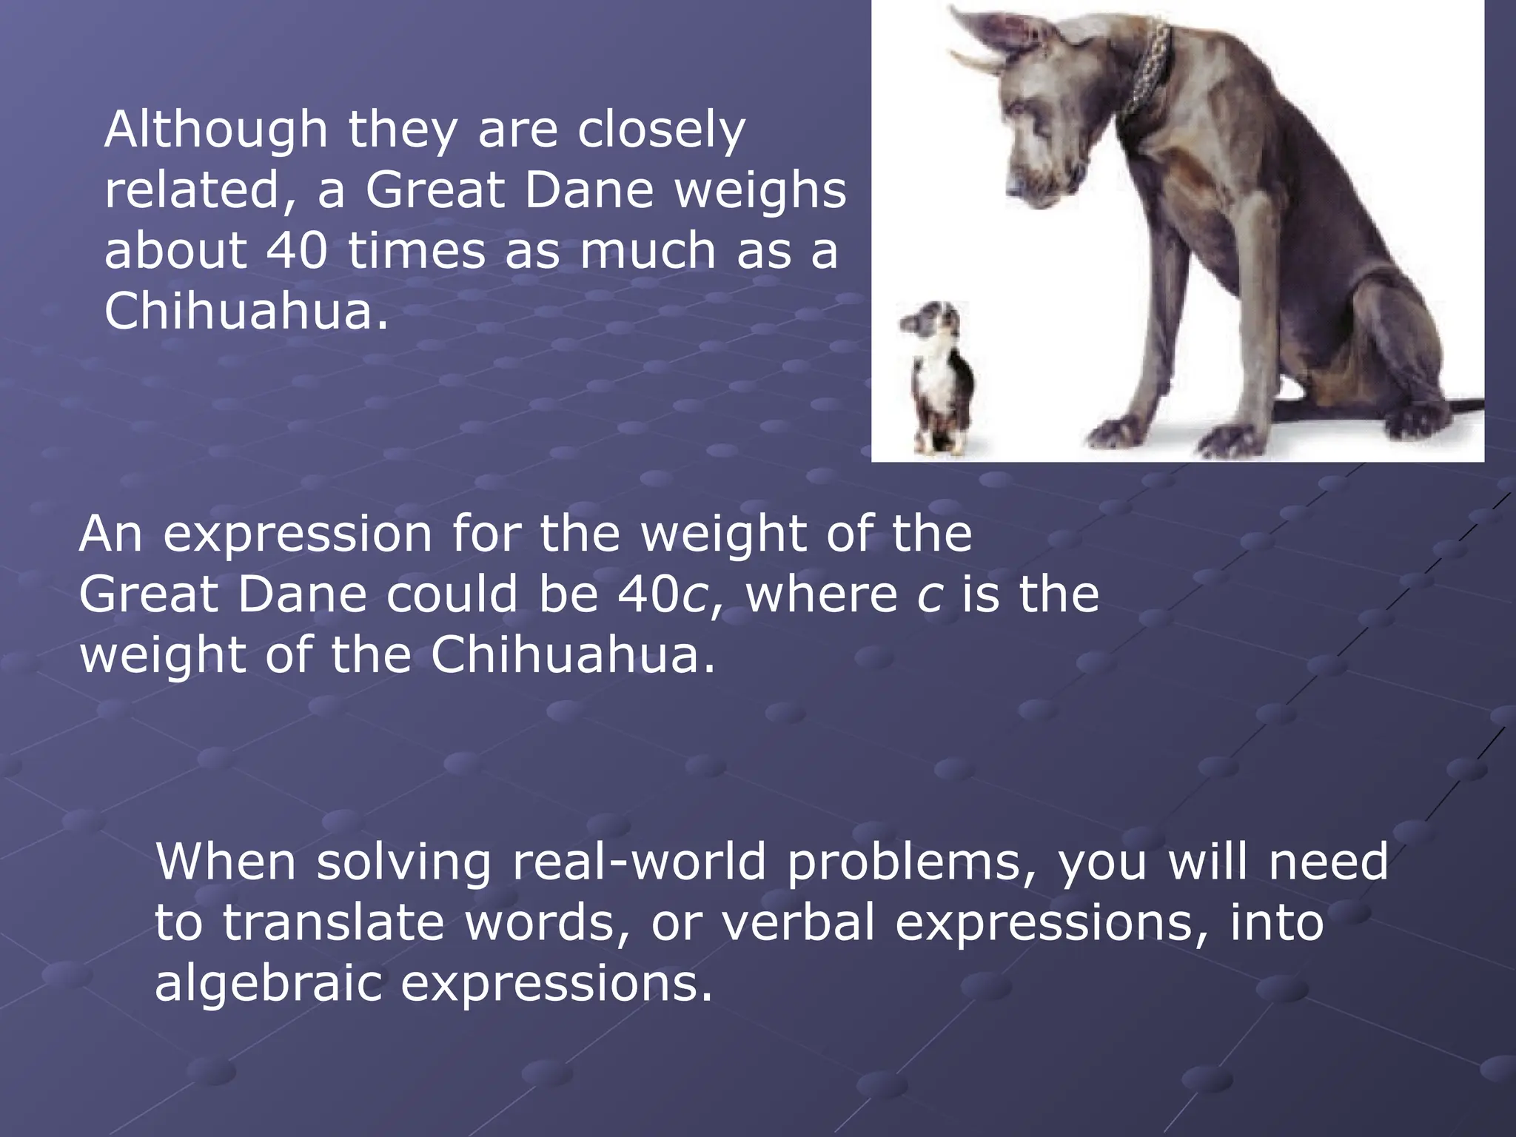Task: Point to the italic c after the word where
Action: [x=930, y=596]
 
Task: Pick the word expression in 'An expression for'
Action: [x=298, y=535]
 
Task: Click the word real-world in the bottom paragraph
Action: [x=639, y=862]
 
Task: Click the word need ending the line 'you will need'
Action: [x=1328, y=862]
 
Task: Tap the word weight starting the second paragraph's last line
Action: [x=163, y=657]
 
